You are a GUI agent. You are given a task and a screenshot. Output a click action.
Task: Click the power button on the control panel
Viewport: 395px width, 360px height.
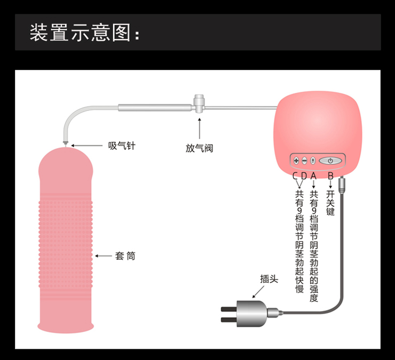[330, 160]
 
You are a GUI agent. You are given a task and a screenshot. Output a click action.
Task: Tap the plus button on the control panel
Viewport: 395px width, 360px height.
[296, 160]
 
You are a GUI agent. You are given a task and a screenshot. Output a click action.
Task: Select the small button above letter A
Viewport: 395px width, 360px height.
[312, 160]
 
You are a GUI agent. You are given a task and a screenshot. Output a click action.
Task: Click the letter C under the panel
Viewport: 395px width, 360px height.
[295, 175]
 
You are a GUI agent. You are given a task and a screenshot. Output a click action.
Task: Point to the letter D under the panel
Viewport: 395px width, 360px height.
[303, 175]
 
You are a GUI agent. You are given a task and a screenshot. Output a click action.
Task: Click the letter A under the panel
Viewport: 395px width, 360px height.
[313, 175]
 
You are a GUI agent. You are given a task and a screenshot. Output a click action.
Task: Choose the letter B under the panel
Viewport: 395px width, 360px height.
[330, 175]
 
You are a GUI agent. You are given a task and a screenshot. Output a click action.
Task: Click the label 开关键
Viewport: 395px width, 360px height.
[330, 203]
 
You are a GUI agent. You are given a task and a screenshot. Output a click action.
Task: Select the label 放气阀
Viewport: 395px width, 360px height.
[200, 148]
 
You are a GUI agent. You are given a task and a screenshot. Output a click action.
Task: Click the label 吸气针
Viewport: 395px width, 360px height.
[121, 145]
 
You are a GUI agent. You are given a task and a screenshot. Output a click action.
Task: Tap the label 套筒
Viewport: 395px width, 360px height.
[125, 256]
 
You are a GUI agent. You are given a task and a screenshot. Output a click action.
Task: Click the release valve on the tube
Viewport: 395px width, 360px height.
[200, 103]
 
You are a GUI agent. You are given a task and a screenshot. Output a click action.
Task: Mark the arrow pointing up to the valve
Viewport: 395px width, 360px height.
[200, 128]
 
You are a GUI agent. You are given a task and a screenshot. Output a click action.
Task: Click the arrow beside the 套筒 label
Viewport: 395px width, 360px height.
[102, 256]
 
